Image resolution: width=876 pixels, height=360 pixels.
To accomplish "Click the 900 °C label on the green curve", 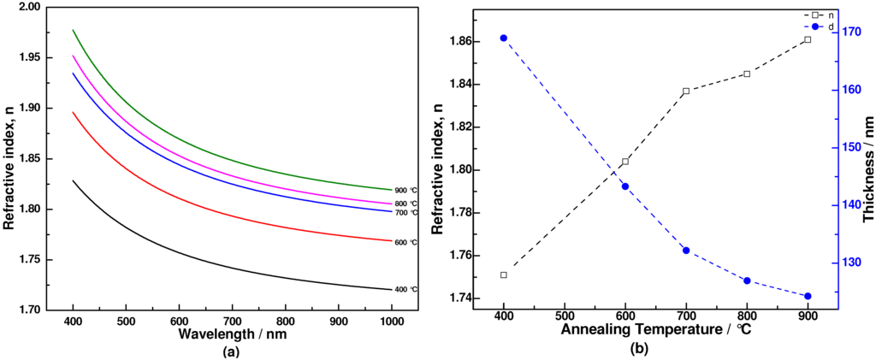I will point(405,190).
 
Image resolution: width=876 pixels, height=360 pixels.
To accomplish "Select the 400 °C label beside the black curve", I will point(405,290).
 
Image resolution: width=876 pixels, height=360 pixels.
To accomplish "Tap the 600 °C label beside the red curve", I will point(405,242).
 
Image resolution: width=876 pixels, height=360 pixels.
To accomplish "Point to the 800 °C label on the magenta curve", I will point(405,204).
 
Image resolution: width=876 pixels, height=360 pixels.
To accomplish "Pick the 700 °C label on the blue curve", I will point(405,212).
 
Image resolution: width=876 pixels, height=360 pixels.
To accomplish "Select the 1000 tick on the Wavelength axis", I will point(391,322).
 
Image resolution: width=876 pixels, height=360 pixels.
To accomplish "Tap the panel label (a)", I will point(231,351).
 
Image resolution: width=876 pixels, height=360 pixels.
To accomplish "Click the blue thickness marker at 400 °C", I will point(503,38).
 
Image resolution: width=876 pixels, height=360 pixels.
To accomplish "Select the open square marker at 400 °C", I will point(503,274).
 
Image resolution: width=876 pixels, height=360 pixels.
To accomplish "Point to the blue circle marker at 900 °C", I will point(808,296).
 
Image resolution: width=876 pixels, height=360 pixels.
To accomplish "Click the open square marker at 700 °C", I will point(686,91).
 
